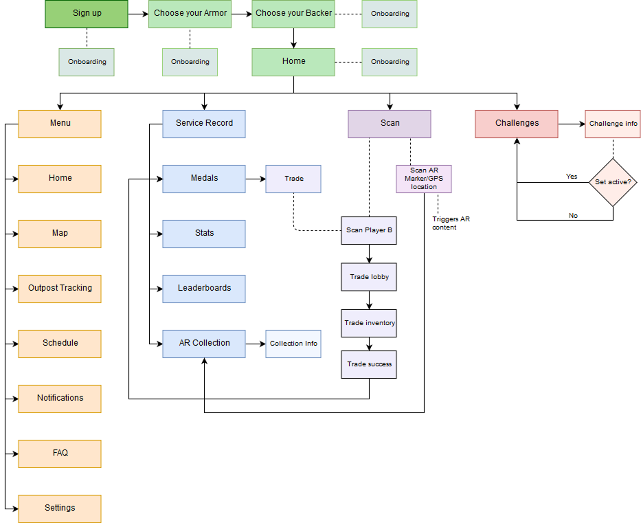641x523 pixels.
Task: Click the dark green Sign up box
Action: pos(87,14)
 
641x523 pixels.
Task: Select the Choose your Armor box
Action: pos(190,14)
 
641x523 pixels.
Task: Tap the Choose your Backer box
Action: pos(293,14)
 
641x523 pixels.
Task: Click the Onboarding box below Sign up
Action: pos(87,62)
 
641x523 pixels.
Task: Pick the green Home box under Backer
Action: pos(293,62)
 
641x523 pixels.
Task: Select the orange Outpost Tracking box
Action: pos(60,289)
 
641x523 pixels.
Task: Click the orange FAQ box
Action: pos(60,454)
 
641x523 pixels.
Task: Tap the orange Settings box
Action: pos(60,509)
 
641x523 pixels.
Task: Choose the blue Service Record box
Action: pos(204,124)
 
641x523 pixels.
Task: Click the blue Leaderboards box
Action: pos(204,289)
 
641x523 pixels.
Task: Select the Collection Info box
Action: pos(293,344)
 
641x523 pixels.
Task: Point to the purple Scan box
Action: pos(390,124)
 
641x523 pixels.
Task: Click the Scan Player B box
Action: pos(369,230)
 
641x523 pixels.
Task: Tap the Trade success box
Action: pos(369,364)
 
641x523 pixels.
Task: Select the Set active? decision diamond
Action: pos(613,182)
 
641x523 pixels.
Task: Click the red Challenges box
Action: pos(517,124)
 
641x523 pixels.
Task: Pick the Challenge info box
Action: pos(613,124)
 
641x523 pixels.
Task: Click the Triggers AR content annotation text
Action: pos(451,223)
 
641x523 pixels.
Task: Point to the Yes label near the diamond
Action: pos(572,177)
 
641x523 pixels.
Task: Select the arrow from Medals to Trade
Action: pos(256,179)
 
